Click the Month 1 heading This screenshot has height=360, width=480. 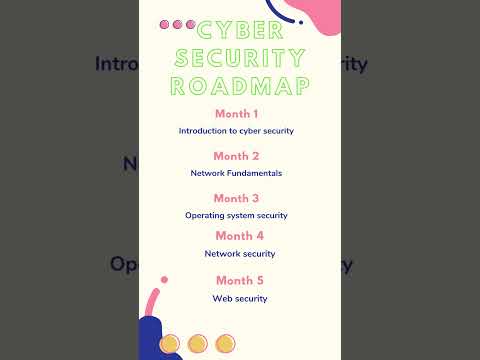236,114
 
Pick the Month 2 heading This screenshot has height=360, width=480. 236,156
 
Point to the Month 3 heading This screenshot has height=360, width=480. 236,198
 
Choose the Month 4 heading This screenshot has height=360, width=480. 239,236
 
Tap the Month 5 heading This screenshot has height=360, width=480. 239,280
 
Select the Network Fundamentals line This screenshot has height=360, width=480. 236,173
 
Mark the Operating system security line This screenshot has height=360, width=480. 236,215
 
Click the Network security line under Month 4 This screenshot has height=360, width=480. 239,254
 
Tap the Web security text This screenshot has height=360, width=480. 239,298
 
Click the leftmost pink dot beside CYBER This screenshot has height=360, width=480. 165,24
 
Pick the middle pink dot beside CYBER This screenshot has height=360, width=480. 178,24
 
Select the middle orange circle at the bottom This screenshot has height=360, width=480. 198,343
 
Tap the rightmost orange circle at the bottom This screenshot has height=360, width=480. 226,343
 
